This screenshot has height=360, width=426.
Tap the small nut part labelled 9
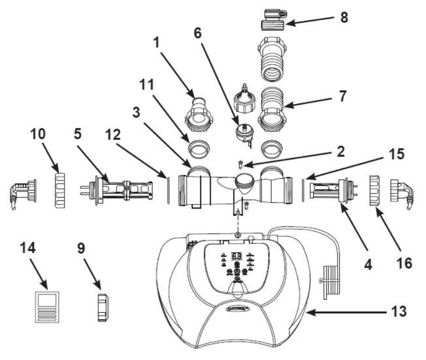point(104,308)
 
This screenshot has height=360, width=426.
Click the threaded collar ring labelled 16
point(377,191)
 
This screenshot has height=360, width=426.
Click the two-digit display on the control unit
point(236,256)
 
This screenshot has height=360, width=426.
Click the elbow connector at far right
point(403,191)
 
